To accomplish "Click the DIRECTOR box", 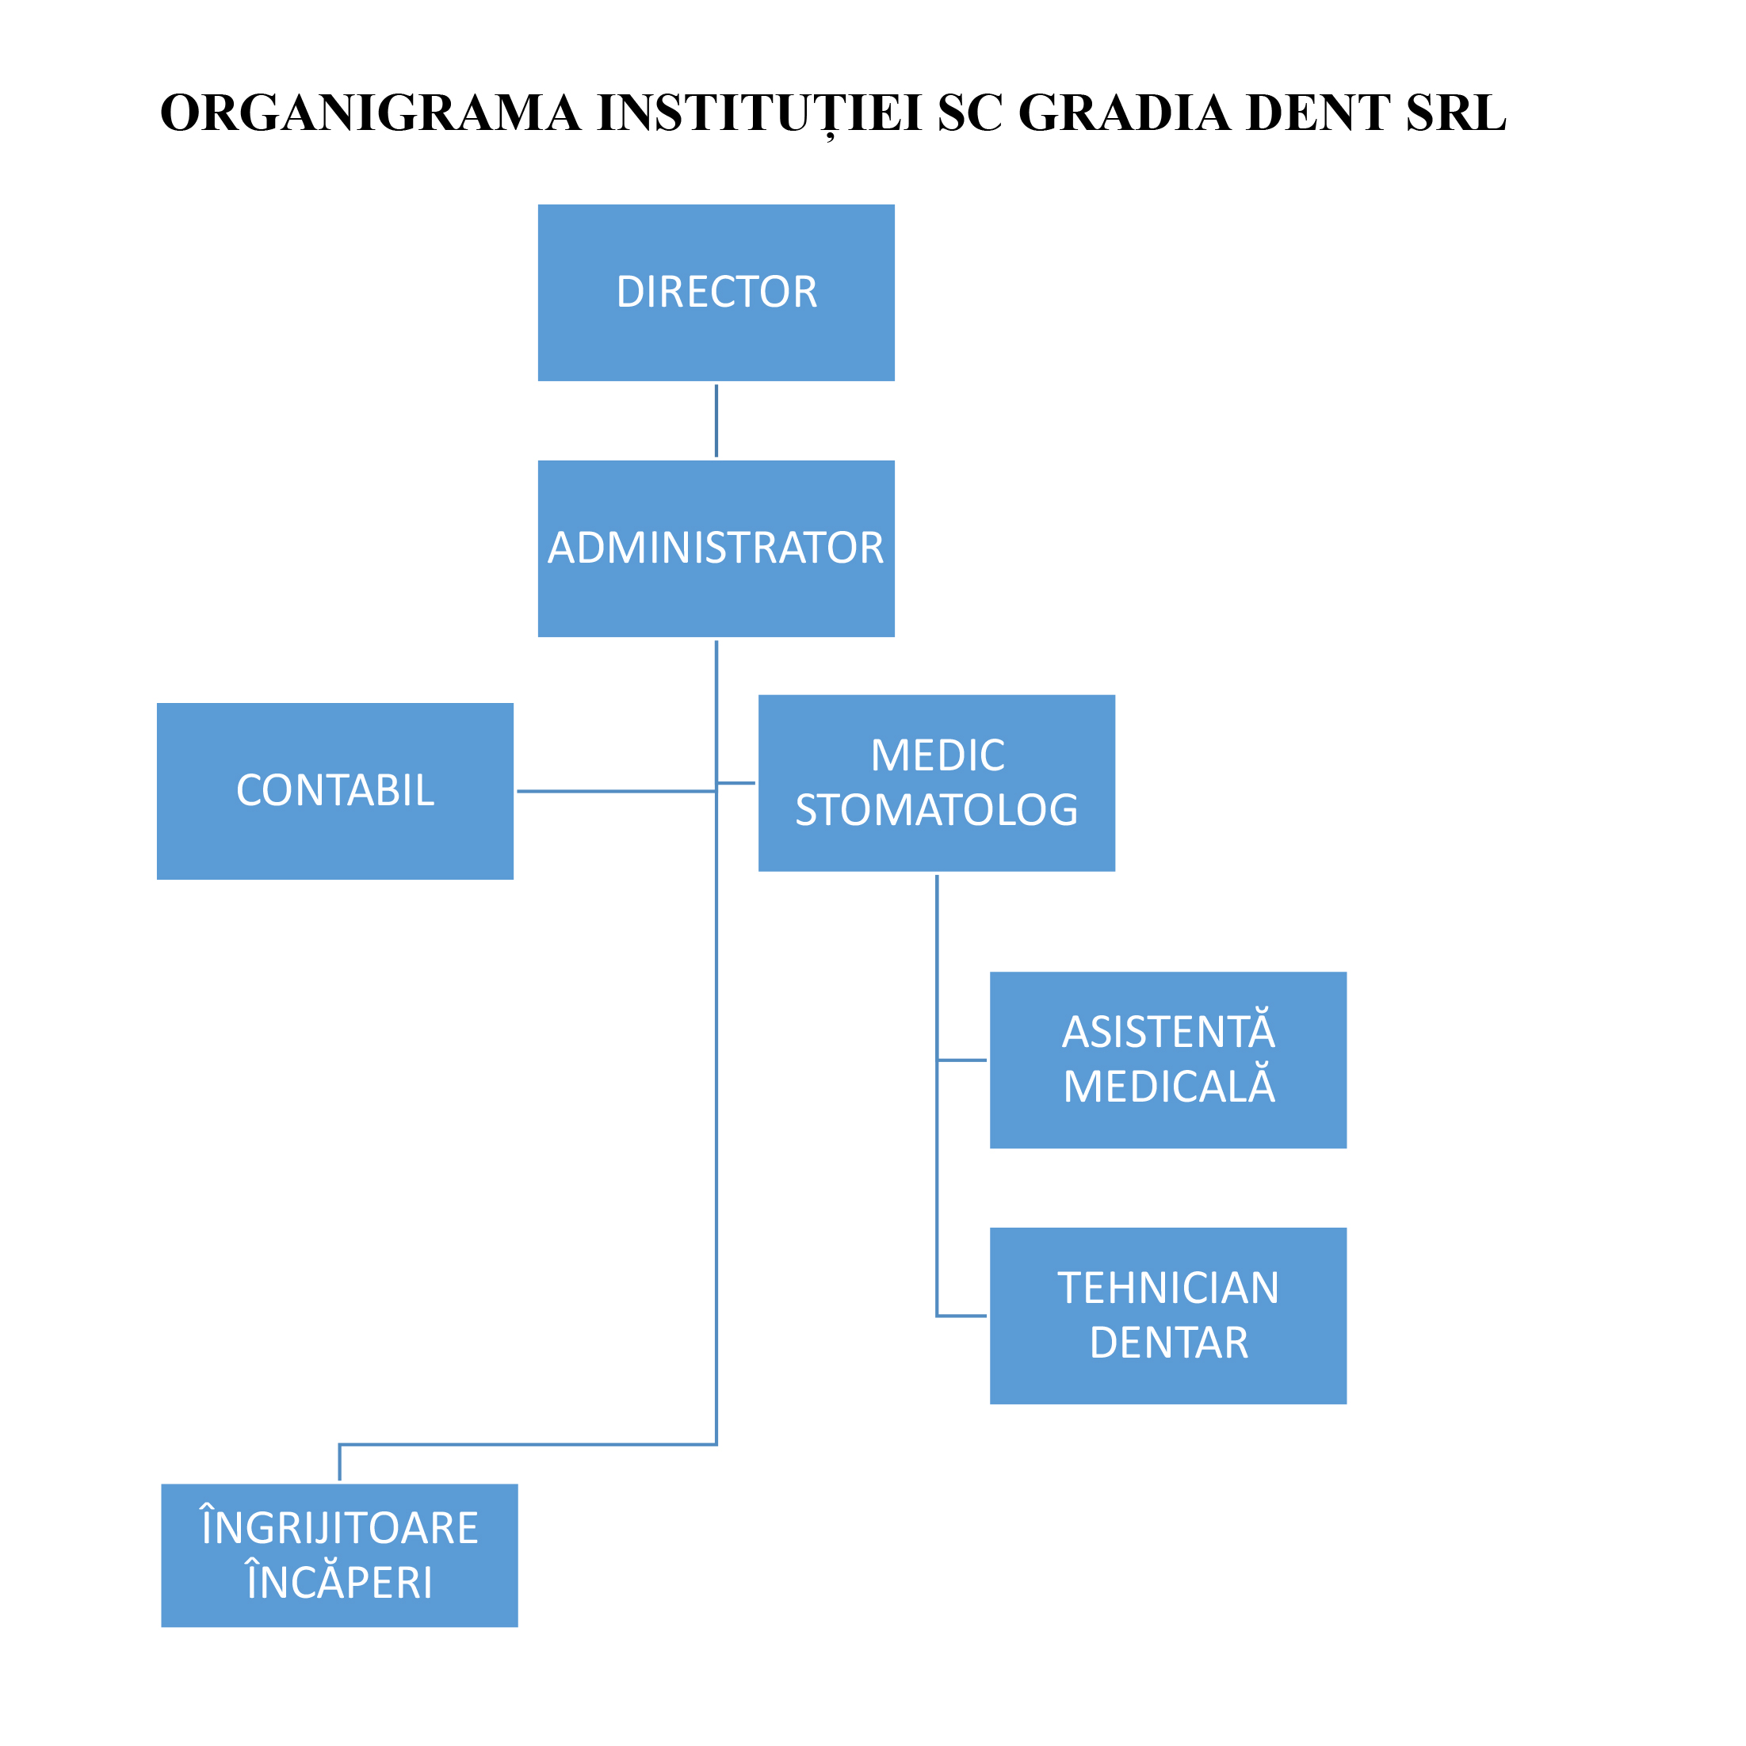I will click(x=716, y=292).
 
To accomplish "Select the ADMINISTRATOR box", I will click(x=716, y=548).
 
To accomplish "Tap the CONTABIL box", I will click(x=334, y=791).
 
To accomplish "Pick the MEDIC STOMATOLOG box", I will click(x=936, y=782).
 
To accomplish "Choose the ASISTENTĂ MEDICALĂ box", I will click(x=1167, y=1060).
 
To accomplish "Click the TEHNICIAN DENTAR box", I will click(x=1167, y=1316).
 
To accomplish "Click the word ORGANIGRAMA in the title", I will click(x=371, y=113).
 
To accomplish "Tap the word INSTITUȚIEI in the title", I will click(x=759, y=113).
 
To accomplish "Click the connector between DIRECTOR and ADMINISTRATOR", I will click(x=716, y=420).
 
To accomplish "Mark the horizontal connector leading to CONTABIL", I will click(x=614, y=791).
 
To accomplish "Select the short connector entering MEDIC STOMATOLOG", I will click(x=736, y=782).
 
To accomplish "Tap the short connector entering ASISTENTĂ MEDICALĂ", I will click(x=962, y=1060).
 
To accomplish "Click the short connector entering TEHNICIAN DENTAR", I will click(x=962, y=1316).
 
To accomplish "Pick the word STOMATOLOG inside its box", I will click(x=936, y=810).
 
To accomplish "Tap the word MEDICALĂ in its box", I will click(x=1168, y=1087).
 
